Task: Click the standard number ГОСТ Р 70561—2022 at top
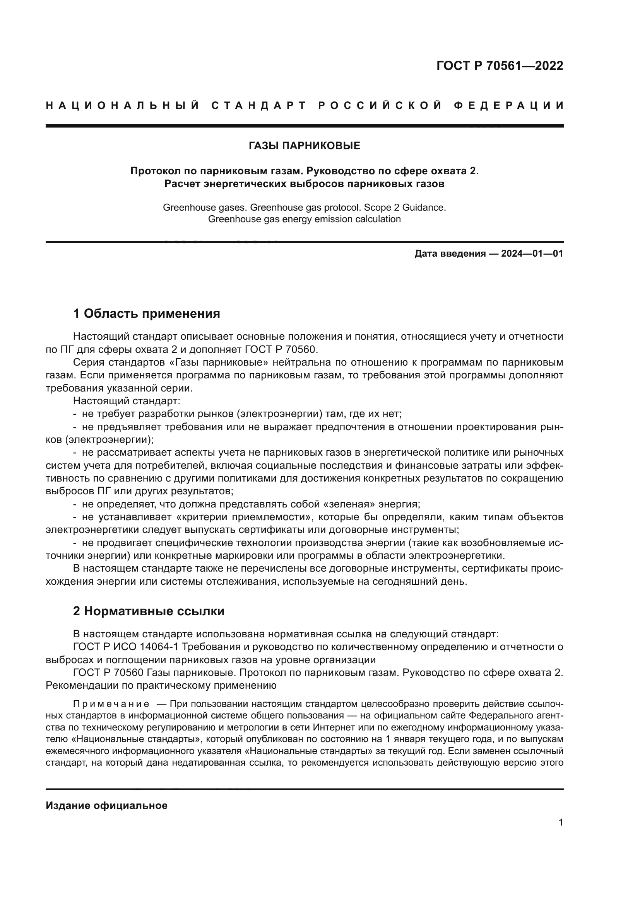[499, 66]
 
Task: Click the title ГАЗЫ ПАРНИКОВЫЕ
[304, 146]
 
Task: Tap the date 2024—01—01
[532, 254]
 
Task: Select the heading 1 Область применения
[146, 314]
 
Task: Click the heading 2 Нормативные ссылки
[149, 611]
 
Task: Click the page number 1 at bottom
[560, 822]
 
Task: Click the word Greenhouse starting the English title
[185, 208]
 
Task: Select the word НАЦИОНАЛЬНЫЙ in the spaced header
[123, 106]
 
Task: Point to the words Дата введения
[450, 254]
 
